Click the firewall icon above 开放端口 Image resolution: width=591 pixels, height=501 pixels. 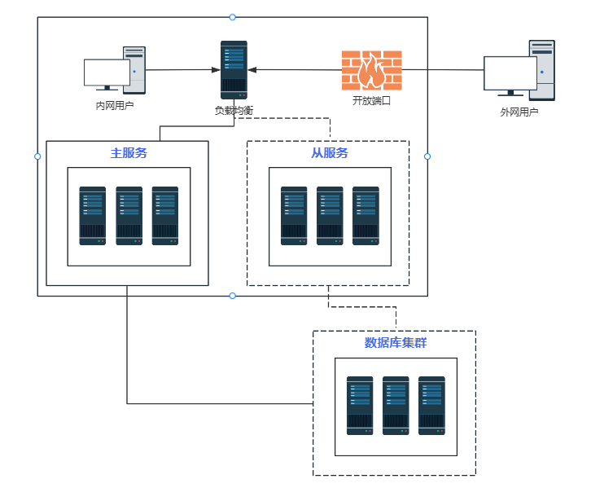pyautogui.click(x=371, y=70)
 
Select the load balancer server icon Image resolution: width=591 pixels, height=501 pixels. pyautogui.click(x=234, y=69)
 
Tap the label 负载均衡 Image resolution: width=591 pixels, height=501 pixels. pyautogui.click(x=234, y=110)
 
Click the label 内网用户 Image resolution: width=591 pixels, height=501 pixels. pyautogui.click(x=115, y=105)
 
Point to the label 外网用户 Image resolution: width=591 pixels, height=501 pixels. pyautogui.click(x=519, y=112)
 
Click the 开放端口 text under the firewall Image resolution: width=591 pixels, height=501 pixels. pyautogui.click(x=371, y=101)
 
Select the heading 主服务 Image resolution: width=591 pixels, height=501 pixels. pyautogui.click(x=129, y=152)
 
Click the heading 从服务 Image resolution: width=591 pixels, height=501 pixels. pyautogui.click(x=330, y=152)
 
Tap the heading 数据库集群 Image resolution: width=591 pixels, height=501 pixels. pyautogui.click(x=396, y=343)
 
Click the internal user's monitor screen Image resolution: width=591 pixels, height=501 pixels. pyautogui.click(x=107, y=73)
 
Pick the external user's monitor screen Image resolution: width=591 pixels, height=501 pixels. pyautogui.click(x=510, y=73)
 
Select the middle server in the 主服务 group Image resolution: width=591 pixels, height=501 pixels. pyautogui.click(x=129, y=216)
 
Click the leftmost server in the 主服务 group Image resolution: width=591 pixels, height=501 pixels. pyautogui.click(x=93, y=216)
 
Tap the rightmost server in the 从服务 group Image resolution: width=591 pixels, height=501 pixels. pyautogui.click(x=366, y=216)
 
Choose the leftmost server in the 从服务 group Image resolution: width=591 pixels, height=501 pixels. pyautogui.click(x=294, y=216)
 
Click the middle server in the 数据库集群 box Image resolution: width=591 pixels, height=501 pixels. pyautogui.click(x=396, y=405)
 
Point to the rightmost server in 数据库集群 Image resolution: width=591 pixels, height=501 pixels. pyautogui.click(x=431, y=405)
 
